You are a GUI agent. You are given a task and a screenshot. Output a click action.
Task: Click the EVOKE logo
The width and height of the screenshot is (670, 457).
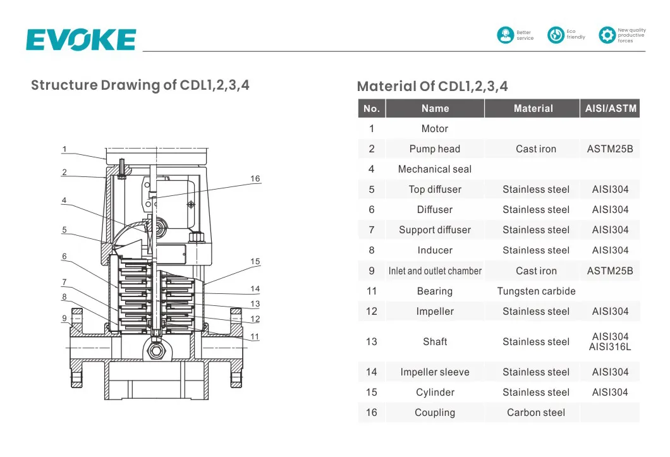tap(81, 39)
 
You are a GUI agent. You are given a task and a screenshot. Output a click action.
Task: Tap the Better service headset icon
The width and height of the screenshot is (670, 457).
tap(506, 35)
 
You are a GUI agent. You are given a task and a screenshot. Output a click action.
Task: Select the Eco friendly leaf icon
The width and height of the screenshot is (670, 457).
tap(556, 35)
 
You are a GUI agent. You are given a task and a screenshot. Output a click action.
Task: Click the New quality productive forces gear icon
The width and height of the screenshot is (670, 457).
tap(607, 35)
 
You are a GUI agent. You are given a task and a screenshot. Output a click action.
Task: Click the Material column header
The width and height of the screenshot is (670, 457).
tap(533, 109)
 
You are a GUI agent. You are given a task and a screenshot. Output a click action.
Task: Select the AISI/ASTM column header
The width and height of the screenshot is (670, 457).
tap(609, 109)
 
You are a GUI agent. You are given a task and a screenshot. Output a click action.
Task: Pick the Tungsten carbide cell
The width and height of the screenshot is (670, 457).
tap(536, 291)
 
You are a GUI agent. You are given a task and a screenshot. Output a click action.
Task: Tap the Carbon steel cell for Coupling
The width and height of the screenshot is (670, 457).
tap(536, 413)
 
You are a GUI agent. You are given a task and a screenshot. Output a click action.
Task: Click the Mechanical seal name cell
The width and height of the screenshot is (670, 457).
tap(435, 169)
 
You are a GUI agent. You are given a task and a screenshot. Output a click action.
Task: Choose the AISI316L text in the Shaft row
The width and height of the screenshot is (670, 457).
tap(610, 347)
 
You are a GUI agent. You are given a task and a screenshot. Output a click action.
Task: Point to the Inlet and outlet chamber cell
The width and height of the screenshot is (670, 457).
tap(435, 271)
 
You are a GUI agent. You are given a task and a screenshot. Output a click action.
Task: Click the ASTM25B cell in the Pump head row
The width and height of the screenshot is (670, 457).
tap(610, 149)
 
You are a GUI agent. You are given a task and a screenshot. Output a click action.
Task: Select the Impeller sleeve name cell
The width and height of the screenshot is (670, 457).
tap(435, 372)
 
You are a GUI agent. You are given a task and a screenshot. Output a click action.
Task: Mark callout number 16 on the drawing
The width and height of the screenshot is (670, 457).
tap(255, 179)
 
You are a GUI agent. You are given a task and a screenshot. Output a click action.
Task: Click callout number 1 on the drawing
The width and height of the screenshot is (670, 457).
tap(64, 150)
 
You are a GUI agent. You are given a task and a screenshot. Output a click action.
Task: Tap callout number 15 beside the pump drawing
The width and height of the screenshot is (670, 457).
tap(255, 262)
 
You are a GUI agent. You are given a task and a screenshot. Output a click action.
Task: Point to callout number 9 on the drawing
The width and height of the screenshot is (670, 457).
tap(64, 319)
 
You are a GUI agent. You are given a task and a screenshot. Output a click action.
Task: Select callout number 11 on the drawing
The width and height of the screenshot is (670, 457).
tap(255, 337)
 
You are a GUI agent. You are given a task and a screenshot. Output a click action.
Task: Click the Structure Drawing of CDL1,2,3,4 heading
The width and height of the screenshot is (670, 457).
tap(140, 85)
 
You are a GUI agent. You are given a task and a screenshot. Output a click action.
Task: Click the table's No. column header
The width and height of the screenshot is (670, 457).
tap(372, 109)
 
